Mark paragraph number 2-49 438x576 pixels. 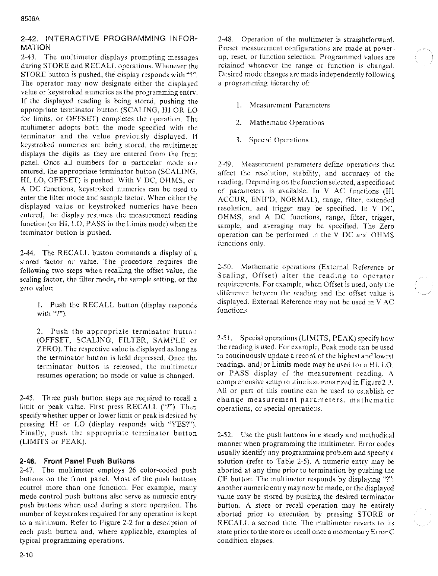[225, 165]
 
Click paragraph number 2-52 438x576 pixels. [225, 435]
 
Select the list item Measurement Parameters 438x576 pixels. [289, 105]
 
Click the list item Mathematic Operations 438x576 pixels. [286, 123]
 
